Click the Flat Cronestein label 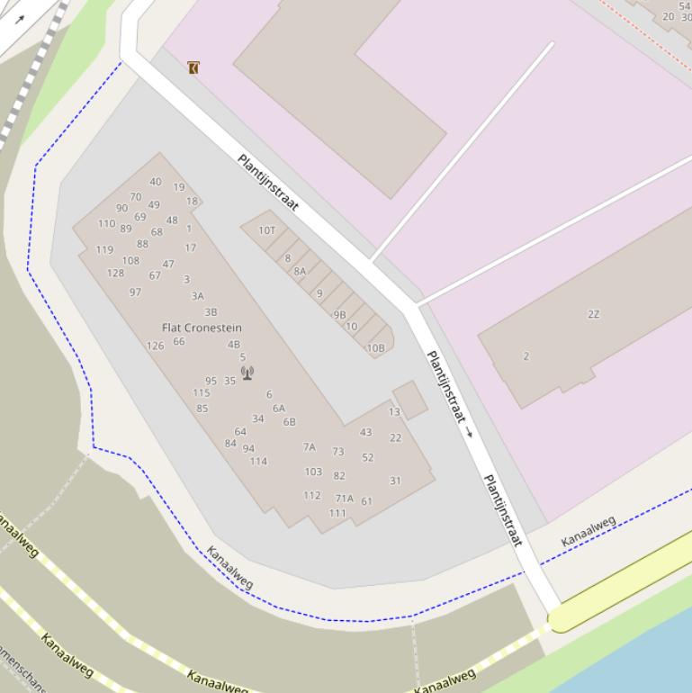click(x=202, y=328)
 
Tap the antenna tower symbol click(x=247, y=373)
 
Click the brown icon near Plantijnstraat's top click(x=193, y=67)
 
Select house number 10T click(x=267, y=230)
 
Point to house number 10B click(x=375, y=348)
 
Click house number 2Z click(x=593, y=314)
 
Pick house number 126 click(x=155, y=346)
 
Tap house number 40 click(x=156, y=182)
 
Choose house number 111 click(x=337, y=513)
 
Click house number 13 click(x=394, y=412)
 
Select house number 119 click(x=104, y=250)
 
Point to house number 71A click(x=345, y=499)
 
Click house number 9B click(x=340, y=315)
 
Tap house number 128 click(x=115, y=273)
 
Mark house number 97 click(x=135, y=292)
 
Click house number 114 click(x=258, y=462)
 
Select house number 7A click(x=310, y=446)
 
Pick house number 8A click(x=300, y=271)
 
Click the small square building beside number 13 click(x=410, y=399)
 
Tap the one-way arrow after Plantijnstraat click(x=469, y=433)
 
